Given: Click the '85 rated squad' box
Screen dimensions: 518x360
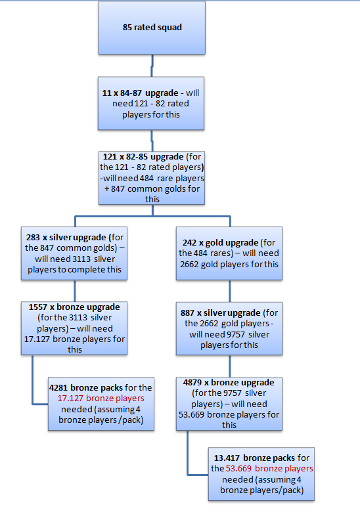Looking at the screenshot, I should (x=152, y=28).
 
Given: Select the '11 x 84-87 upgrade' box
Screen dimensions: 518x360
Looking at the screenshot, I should (x=152, y=104).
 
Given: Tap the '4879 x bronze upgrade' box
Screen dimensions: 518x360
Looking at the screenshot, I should (x=229, y=402).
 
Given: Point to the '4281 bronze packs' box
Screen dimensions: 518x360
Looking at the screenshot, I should (x=101, y=402).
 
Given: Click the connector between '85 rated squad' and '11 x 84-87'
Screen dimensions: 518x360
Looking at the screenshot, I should (x=152, y=66).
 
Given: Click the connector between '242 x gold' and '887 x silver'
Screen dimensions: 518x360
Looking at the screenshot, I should (x=229, y=290).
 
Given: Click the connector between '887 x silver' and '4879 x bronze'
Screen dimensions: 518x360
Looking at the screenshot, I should (x=229, y=365).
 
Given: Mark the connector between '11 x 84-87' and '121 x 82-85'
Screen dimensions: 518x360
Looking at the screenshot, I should (x=152, y=140).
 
